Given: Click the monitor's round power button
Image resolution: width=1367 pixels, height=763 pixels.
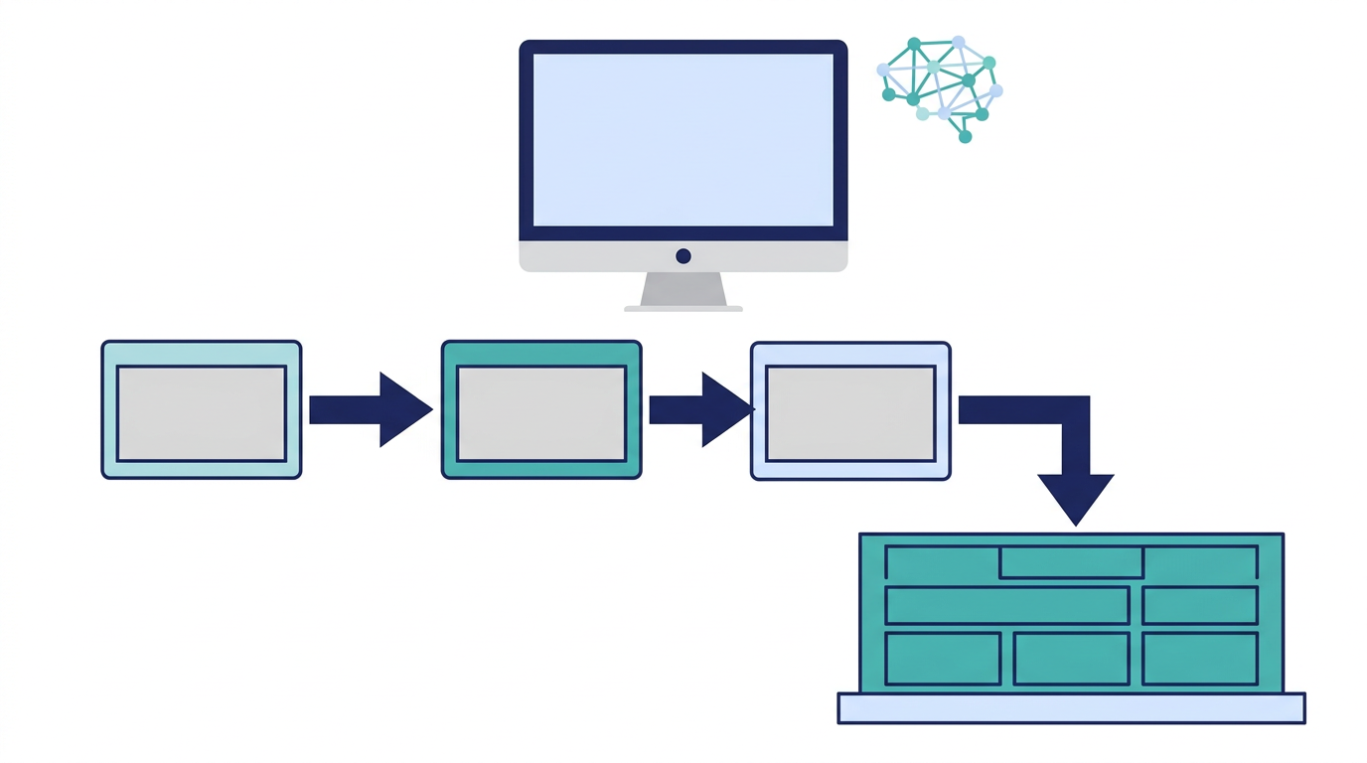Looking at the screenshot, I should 683,256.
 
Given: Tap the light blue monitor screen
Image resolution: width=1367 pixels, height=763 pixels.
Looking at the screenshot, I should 683,139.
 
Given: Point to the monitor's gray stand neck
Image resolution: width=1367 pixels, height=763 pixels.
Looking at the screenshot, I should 683,289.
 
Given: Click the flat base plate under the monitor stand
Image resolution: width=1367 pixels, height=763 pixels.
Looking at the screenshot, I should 683,308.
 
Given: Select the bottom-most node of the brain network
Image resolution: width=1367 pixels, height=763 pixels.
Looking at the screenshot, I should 965,137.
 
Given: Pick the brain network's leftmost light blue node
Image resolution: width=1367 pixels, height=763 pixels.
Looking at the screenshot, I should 883,70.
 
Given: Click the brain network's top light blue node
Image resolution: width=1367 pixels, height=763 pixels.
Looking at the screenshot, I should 959,42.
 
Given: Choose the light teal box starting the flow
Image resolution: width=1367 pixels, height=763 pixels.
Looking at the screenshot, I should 201,410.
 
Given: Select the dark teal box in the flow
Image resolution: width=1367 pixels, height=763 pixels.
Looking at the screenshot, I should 541,410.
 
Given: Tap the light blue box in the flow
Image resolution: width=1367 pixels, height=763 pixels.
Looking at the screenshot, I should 850,410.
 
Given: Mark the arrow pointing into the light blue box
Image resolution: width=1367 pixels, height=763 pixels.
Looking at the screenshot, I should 700,409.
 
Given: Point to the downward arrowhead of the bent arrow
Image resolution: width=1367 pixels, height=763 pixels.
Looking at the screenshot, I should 1075,497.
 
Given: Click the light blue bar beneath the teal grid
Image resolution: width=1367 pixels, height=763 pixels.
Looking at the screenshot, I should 1071,708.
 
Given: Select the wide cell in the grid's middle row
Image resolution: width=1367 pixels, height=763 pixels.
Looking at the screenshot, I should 1006,605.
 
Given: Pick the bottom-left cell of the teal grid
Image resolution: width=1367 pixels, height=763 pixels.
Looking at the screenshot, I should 942,659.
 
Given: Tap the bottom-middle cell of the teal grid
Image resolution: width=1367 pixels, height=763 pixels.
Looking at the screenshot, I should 1071,659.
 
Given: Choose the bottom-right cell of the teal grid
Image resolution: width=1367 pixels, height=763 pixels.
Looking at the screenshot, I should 1200,659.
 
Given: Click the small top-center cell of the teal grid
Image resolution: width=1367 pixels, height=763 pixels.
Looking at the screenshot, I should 1071,562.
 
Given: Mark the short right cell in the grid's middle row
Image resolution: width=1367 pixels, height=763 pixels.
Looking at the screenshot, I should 1200,605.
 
